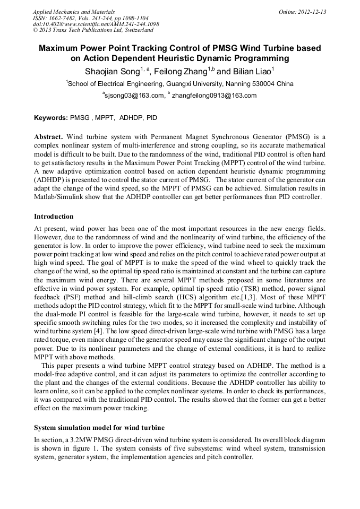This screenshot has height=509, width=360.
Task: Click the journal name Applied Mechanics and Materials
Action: point(74,12)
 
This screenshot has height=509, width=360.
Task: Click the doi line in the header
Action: point(96,24)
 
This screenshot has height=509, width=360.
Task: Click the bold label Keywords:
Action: point(51,117)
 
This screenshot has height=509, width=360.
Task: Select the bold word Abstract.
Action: point(48,136)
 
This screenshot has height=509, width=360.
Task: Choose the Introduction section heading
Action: point(54,217)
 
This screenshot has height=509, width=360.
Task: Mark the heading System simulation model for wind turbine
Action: point(99,427)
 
